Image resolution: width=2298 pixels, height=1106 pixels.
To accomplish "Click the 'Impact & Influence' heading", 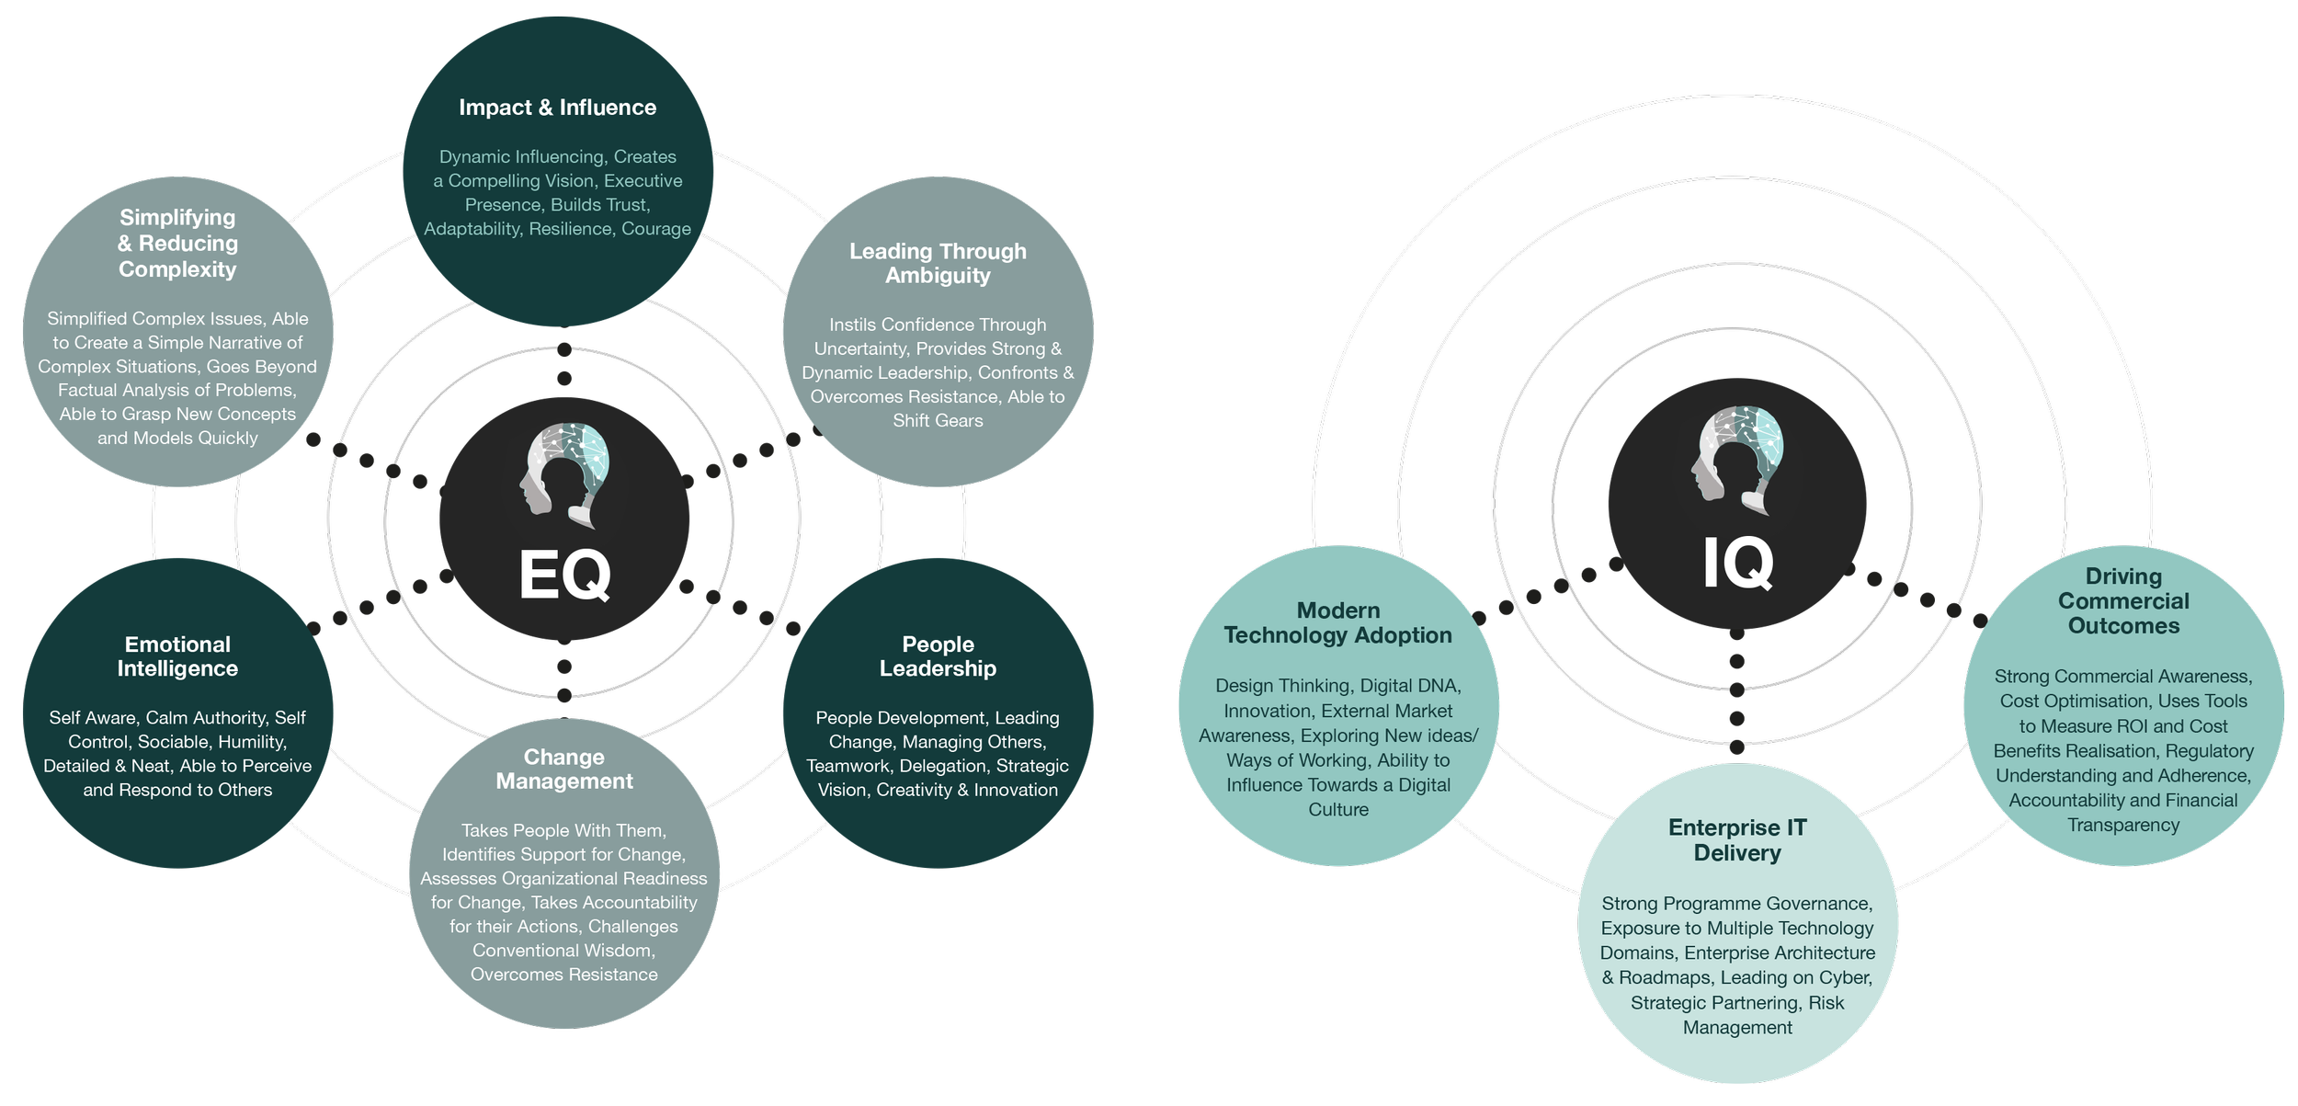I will pyautogui.click(x=557, y=108).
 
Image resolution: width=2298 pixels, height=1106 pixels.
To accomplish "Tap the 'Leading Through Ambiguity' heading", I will pyautogui.click(x=938, y=263).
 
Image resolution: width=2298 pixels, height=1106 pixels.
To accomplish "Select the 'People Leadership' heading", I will pyautogui.click(x=938, y=656).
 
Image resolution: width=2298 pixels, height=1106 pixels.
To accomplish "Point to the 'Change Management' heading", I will pyautogui.click(x=564, y=769).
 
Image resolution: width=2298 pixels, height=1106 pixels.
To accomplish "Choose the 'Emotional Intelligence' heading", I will pyautogui.click(x=177, y=656).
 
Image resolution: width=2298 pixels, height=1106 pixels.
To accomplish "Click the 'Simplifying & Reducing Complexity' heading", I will pyautogui.click(x=177, y=243).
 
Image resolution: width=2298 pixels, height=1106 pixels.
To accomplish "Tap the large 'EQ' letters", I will pyautogui.click(x=564, y=576).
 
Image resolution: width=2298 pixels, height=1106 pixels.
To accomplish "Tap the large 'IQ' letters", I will pyautogui.click(x=1737, y=563).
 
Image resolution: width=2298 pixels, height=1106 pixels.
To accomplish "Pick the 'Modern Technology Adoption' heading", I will pyautogui.click(x=1337, y=622).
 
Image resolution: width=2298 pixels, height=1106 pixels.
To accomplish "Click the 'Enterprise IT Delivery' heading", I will pyautogui.click(x=1737, y=840).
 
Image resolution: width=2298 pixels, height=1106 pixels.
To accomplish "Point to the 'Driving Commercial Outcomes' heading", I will pyautogui.click(x=2123, y=601).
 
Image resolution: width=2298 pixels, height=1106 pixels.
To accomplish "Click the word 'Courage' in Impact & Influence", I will pyautogui.click(x=656, y=229).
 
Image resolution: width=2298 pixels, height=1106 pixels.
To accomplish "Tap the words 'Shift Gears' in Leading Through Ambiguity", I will pyautogui.click(x=938, y=421).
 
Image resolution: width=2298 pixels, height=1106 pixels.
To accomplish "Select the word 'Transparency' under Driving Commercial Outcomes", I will pyautogui.click(x=2123, y=826).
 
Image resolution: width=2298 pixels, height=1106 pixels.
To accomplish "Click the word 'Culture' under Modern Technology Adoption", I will pyautogui.click(x=1338, y=810).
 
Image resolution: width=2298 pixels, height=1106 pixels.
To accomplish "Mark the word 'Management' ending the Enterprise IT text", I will pyautogui.click(x=1737, y=1028).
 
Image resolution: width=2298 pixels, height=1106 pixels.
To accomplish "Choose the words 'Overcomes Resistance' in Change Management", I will pyautogui.click(x=564, y=975).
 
